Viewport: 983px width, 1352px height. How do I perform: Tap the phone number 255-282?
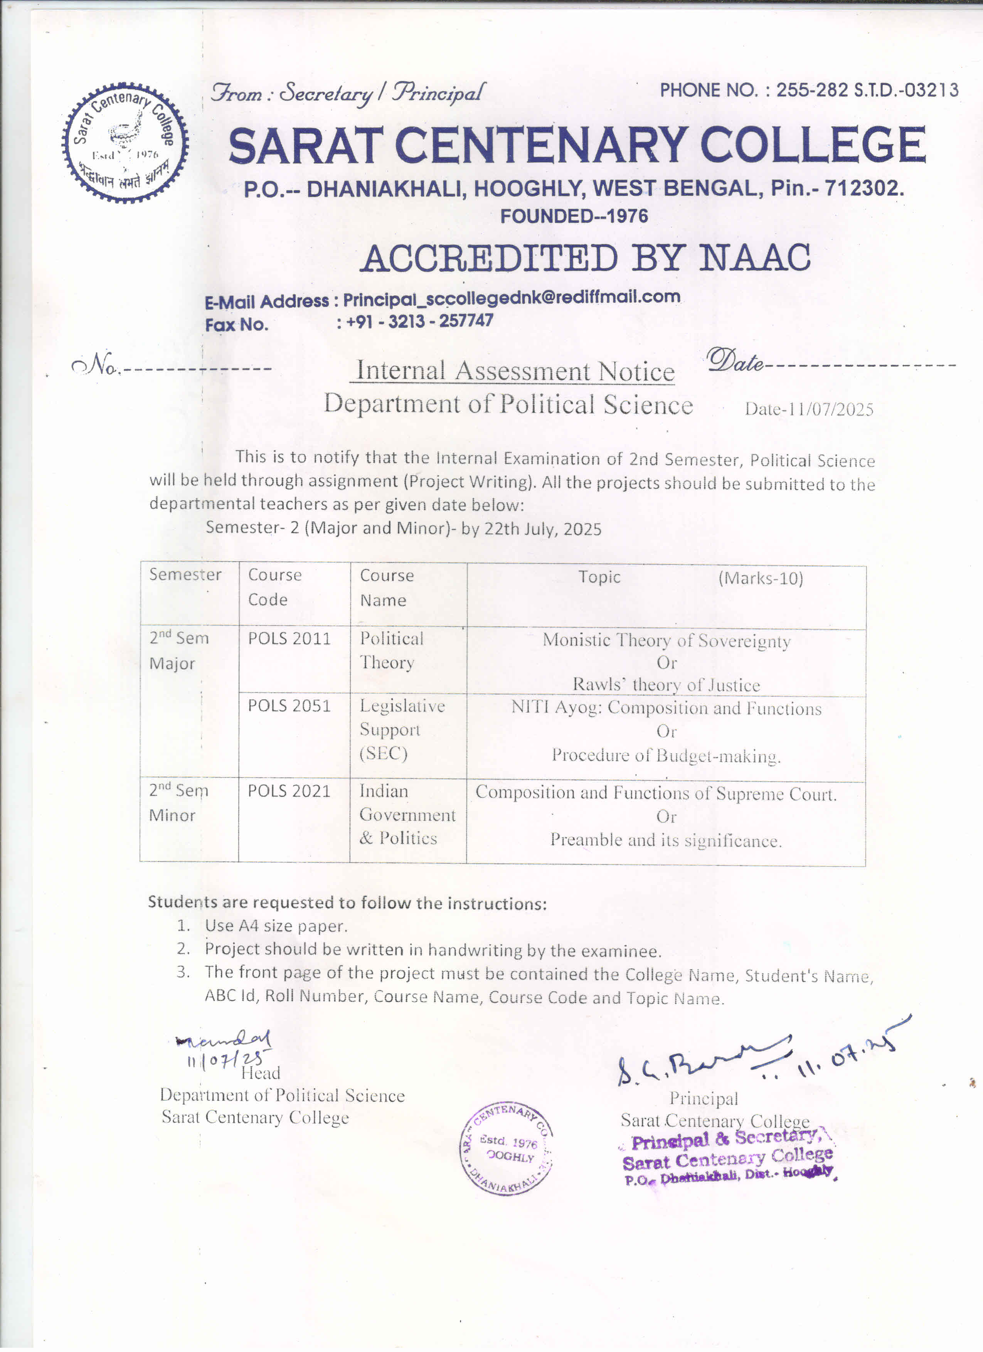tap(812, 90)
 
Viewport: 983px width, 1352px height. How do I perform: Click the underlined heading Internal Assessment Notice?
tap(515, 371)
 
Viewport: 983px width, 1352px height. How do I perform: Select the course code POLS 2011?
tap(289, 638)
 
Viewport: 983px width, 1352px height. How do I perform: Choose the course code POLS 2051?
tap(289, 706)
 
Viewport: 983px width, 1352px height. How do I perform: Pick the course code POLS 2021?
tap(289, 791)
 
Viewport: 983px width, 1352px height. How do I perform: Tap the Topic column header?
tap(599, 577)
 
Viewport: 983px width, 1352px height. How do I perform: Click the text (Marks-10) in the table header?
tap(761, 578)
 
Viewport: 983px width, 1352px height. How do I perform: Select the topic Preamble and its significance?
tap(665, 840)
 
